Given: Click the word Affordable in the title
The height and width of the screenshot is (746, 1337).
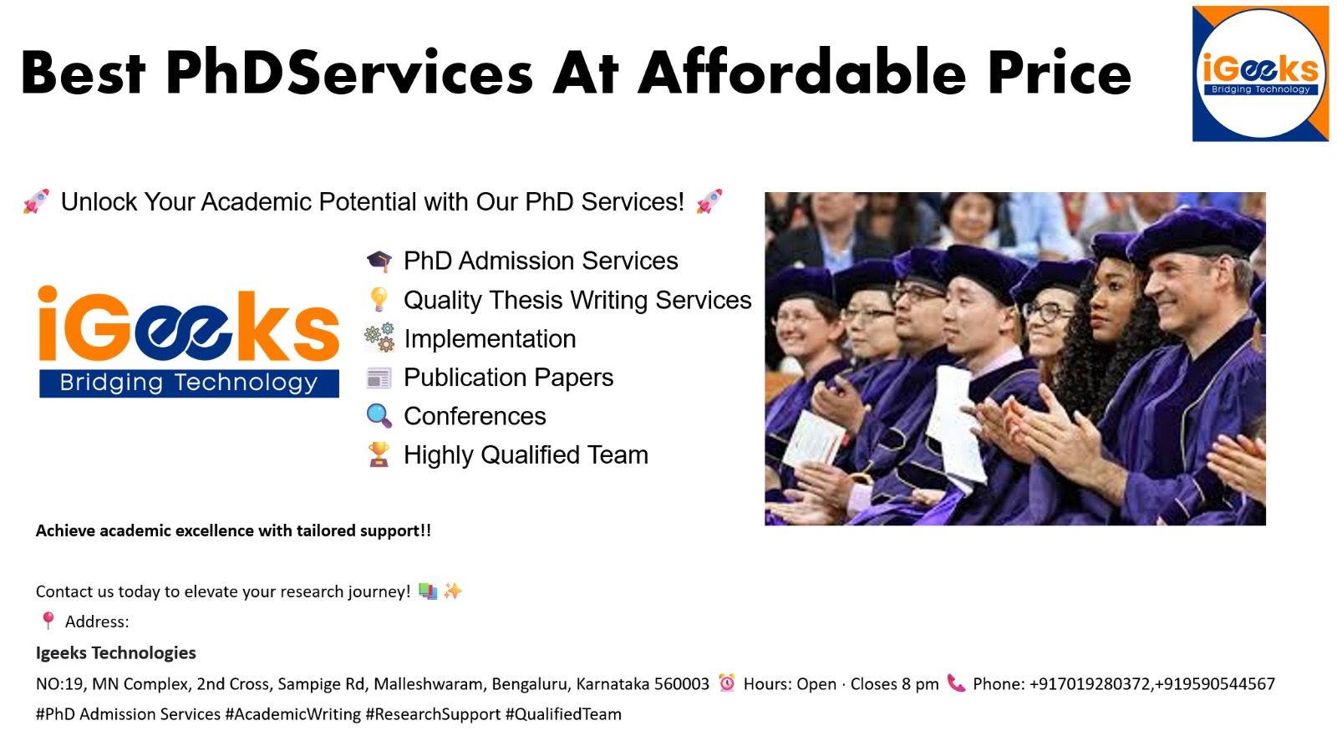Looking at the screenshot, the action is [801, 72].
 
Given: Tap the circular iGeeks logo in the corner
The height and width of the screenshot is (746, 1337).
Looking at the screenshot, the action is [1260, 74].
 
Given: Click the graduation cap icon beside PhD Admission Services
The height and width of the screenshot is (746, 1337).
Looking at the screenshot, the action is [379, 261].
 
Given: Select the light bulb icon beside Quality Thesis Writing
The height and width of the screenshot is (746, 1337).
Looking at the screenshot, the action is [379, 300].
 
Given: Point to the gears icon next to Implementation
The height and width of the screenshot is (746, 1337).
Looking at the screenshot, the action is [379, 337].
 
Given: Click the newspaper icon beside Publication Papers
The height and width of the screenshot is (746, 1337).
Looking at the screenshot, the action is [379, 378].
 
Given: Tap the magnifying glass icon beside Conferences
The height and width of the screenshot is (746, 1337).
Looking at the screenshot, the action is [379, 416].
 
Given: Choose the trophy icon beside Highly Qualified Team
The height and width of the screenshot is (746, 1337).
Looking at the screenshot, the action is [379, 454].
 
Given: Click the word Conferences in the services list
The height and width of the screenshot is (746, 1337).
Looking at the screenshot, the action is [475, 416].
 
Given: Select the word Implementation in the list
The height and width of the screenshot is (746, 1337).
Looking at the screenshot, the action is [490, 339].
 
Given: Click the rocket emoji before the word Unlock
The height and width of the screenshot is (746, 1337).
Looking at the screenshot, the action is [37, 201].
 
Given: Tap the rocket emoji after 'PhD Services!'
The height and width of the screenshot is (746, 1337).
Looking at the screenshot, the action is [709, 201].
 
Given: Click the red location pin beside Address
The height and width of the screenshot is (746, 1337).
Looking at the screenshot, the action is [48, 621].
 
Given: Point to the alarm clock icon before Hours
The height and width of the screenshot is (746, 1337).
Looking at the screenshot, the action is [727, 683].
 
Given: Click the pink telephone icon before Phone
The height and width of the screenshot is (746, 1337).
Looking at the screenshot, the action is [956, 683].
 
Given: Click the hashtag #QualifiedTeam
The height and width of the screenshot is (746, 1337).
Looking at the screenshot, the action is [563, 714].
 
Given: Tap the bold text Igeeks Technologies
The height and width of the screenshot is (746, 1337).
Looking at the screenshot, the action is [116, 653].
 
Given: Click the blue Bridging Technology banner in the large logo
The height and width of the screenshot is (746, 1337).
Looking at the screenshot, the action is [189, 383].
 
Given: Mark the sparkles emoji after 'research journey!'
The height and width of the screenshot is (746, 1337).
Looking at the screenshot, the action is [453, 591].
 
